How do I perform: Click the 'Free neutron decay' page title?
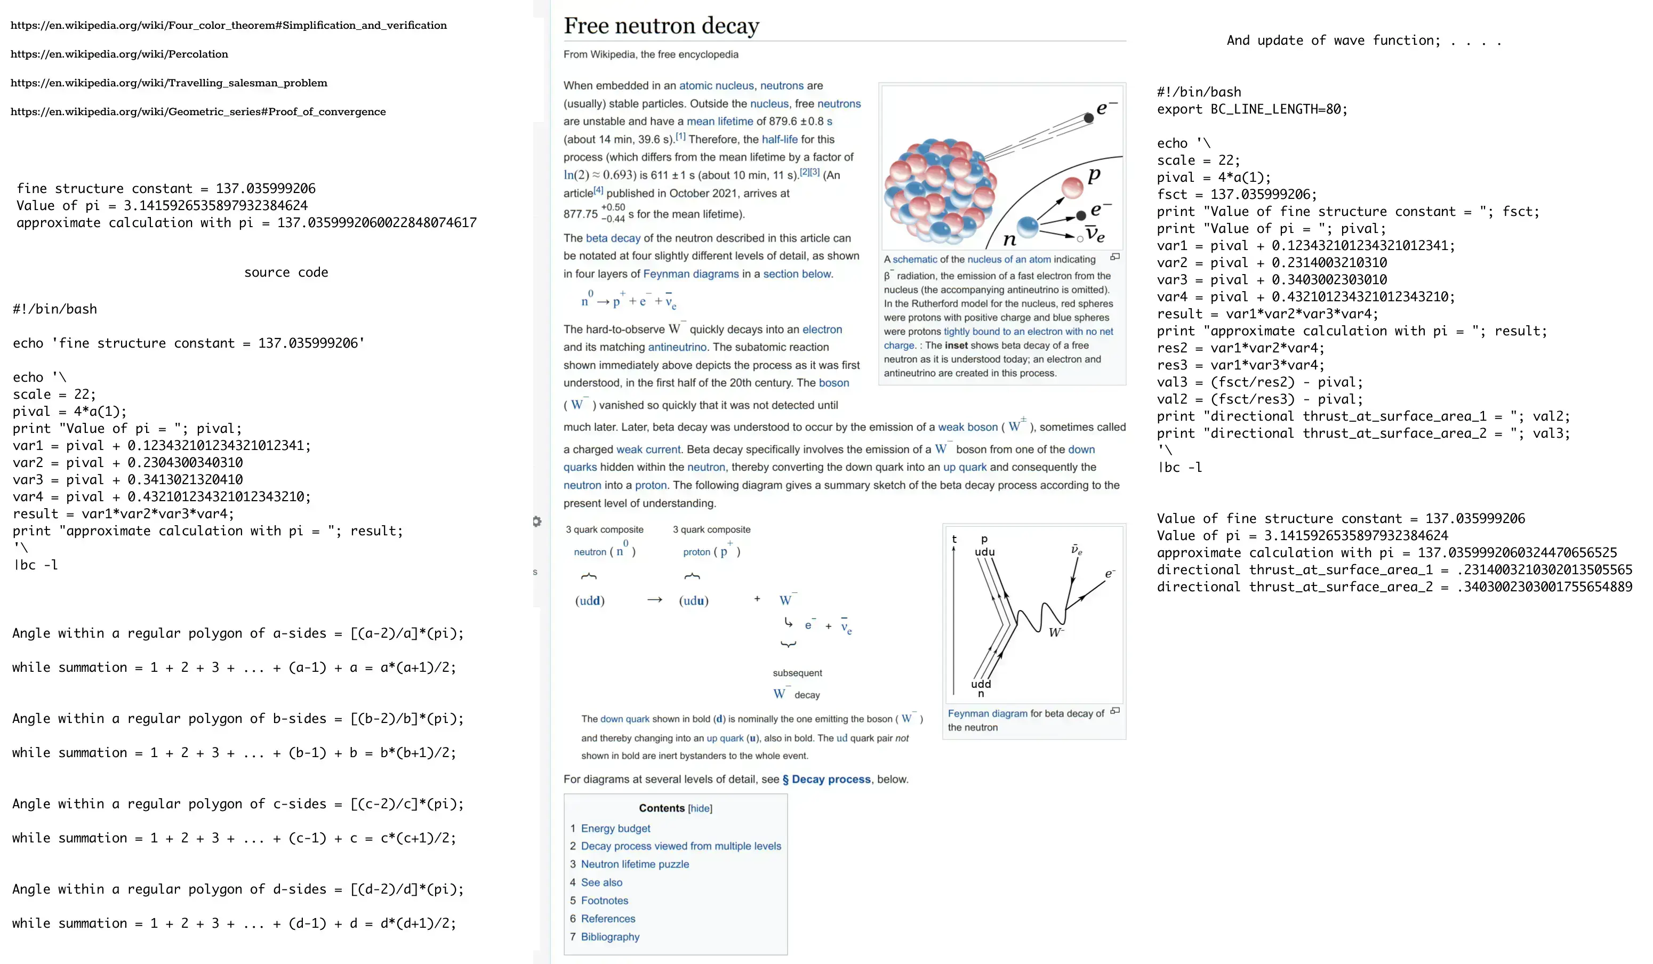point(661,26)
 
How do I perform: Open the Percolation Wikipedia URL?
point(119,54)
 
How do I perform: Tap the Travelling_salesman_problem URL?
point(168,83)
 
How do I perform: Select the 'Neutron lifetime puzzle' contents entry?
point(635,864)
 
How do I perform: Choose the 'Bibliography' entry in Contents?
point(609,936)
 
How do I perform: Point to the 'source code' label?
point(286,272)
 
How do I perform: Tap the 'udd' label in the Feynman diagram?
point(981,684)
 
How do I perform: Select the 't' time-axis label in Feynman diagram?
point(954,539)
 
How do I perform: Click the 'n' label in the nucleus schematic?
point(1009,240)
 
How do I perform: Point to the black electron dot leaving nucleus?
point(1089,118)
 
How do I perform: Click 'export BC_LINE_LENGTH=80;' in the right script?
point(1251,109)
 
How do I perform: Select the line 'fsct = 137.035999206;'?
point(1237,194)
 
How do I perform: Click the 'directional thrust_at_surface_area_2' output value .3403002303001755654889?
point(1544,587)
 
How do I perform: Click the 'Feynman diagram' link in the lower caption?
point(987,713)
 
